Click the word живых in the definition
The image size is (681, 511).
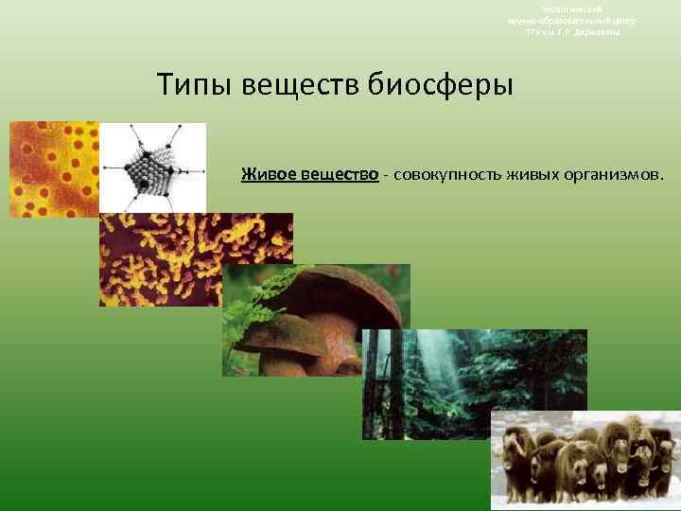(x=533, y=174)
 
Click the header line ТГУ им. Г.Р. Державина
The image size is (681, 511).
(x=571, y=32)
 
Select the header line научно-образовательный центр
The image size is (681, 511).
(x=571, y=20)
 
